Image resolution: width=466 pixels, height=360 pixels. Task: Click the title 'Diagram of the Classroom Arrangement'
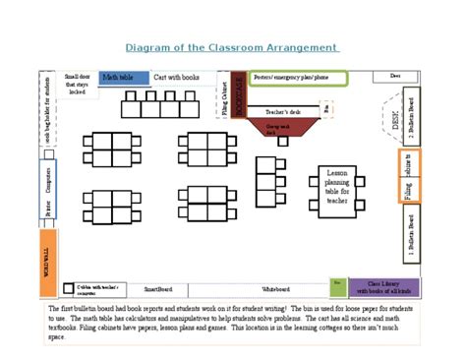pyautogui.click(x=232, y=47)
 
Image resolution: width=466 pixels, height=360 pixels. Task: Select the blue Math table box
pyautogui.click(x=121, y=77)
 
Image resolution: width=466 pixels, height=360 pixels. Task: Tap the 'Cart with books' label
pyautogui.click(x=177, y=77)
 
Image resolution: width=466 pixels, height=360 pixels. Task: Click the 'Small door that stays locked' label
pyautogui.click(x=77, y=84)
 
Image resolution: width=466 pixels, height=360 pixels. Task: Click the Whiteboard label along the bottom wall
pyautogui.click(x=275, y=289)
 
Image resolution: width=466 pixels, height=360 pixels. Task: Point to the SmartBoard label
pyautogui.click(x=158, y=289)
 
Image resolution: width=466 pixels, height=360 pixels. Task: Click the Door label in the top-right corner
pyautogui.click(x=395, y=76)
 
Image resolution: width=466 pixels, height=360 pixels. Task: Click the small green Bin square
pyautogui.click(x=338, y=285)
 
